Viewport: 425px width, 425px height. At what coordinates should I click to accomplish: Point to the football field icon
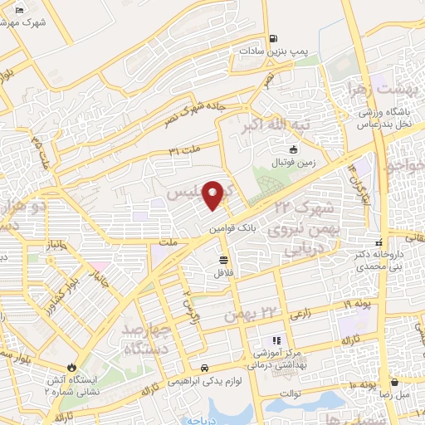click(x=292, y=150)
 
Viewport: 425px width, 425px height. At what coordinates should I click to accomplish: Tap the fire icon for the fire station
click(x=72, y=365)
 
